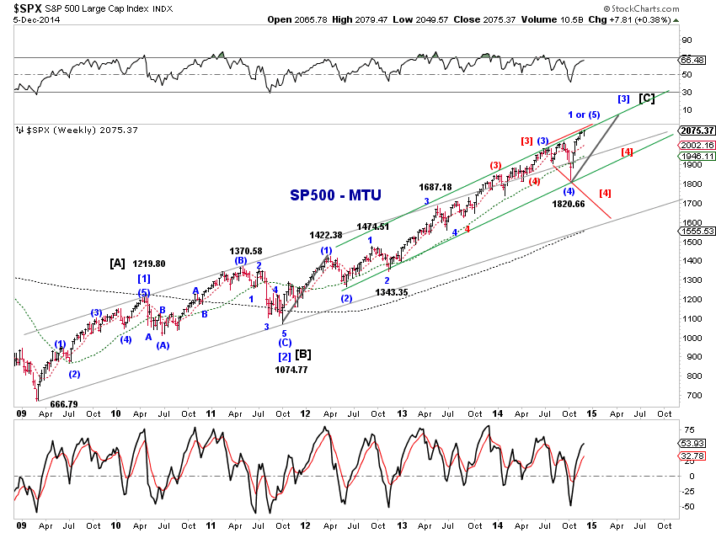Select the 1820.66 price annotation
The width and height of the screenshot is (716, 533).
pyautogui.click(x=569, y=204)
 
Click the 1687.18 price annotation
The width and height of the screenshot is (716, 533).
pyautogui.click(x=435, y=187)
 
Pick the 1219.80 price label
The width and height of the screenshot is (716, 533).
pyautogui.click(x=148, y=264)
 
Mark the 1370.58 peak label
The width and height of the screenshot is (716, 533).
pyautogui.click(x=246, y=251)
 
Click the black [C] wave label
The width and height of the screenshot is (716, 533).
pyautogui.click(x=647, y=99)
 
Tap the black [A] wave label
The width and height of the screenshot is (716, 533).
pyautogui.click(x=117, y=264)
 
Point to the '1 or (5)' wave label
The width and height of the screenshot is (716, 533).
pyautogui.click(x=583, y=115)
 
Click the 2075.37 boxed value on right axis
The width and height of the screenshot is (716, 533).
pyautogui.click(x=696, y=131)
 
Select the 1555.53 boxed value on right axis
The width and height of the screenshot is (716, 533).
pyautogui.click(x=696, y=231)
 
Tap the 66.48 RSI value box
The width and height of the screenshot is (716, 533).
pyautogui.click(x=696, y=60)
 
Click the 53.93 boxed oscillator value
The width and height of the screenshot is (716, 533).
pyautogui.click(x=696, y=442)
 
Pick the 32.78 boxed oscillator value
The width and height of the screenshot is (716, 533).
pyautogui.click(x=696, y=456)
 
